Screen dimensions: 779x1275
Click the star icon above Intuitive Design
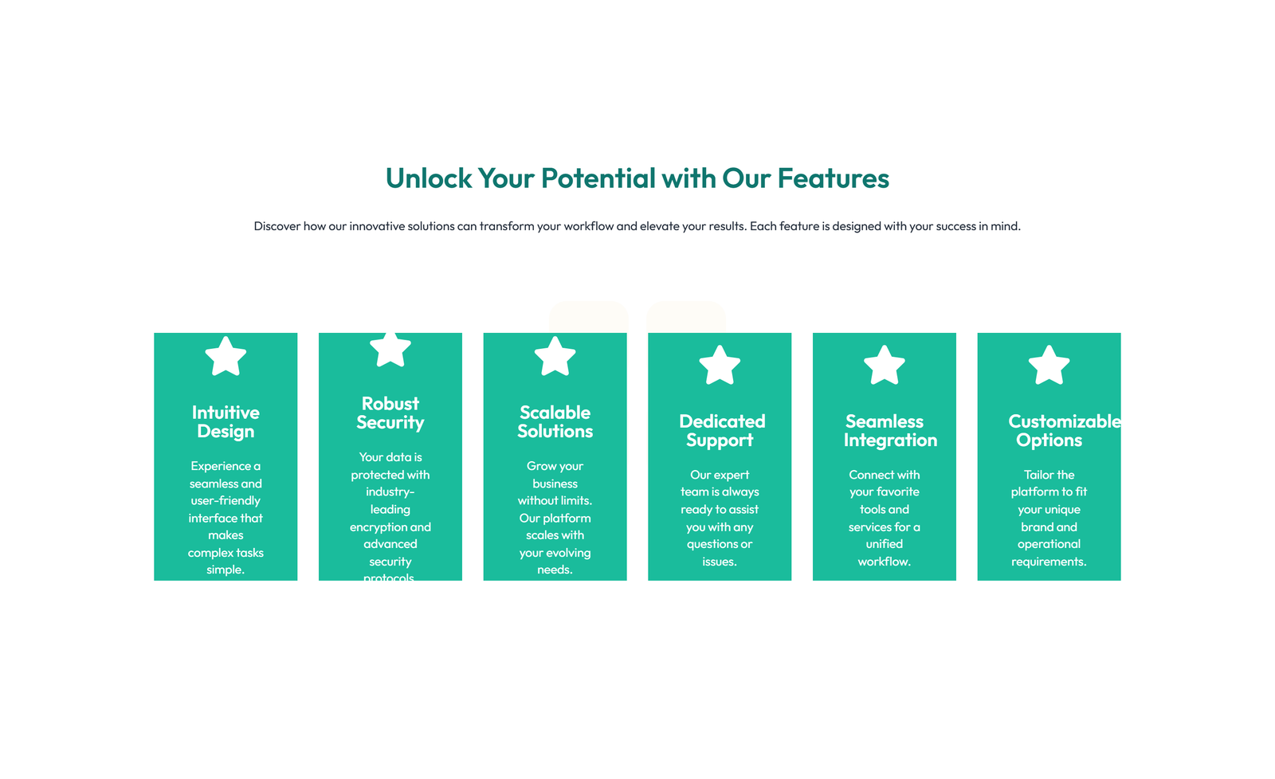tap(226, 356)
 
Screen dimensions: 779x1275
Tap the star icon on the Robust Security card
tap(390, 349)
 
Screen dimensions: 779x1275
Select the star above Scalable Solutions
tap(555, 356)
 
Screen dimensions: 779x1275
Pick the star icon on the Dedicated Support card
tap(720, 366)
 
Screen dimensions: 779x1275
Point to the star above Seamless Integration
tap(885, 366)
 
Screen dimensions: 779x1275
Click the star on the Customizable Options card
tap(1049, 366)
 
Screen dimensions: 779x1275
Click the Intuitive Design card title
tap(226, 422)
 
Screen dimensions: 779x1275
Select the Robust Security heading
tap(390, 413)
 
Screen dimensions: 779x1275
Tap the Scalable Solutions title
tap(555, 422)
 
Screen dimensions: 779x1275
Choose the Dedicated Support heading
tap(721, 431)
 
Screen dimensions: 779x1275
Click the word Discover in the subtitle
tap(277, 226)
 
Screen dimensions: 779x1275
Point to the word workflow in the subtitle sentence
tap(588, 226)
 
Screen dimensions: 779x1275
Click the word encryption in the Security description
tap(379, 527)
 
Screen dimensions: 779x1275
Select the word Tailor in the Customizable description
tap(1038, 475)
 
